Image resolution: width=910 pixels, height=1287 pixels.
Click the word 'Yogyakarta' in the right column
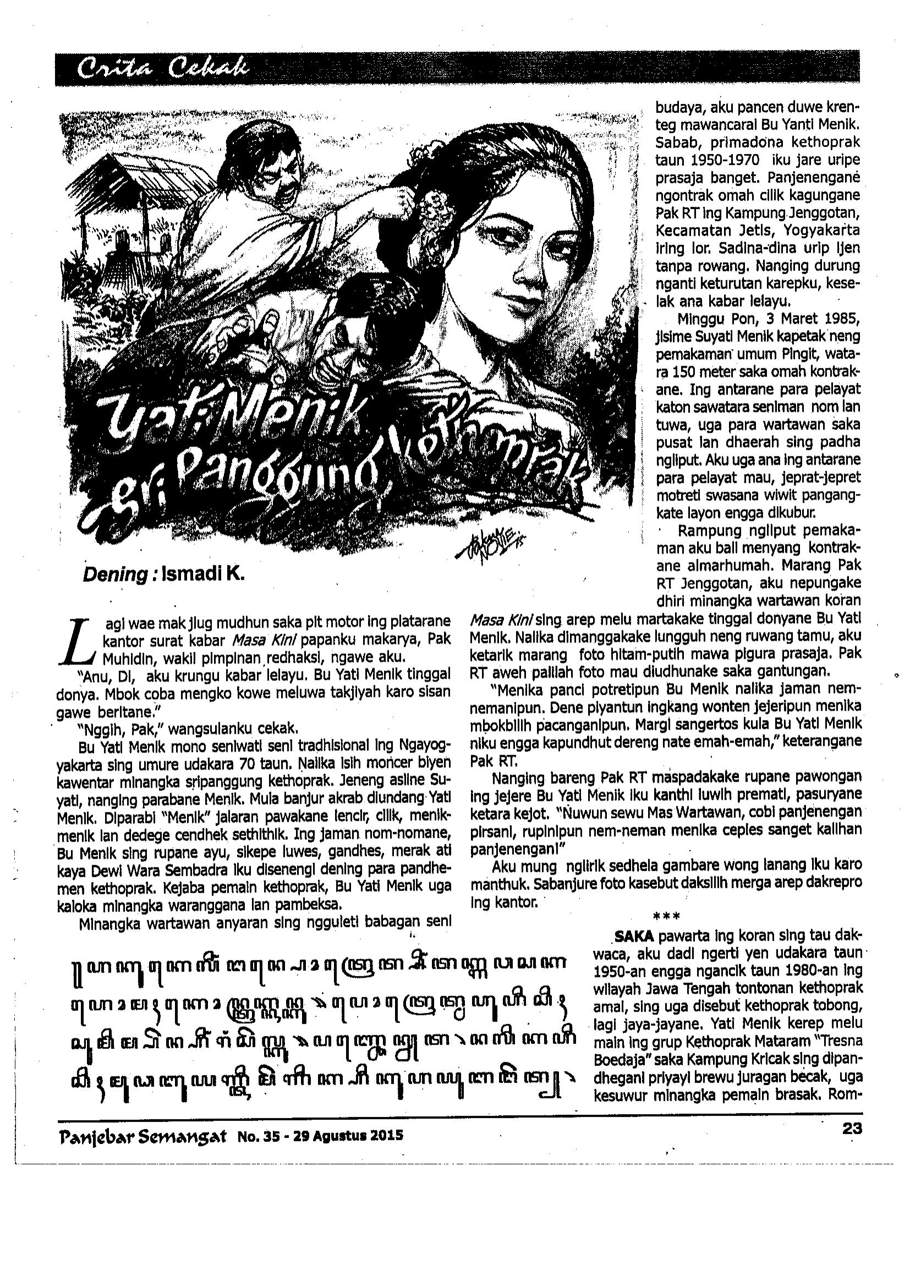pyautogui.click(x=822, y=230)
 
